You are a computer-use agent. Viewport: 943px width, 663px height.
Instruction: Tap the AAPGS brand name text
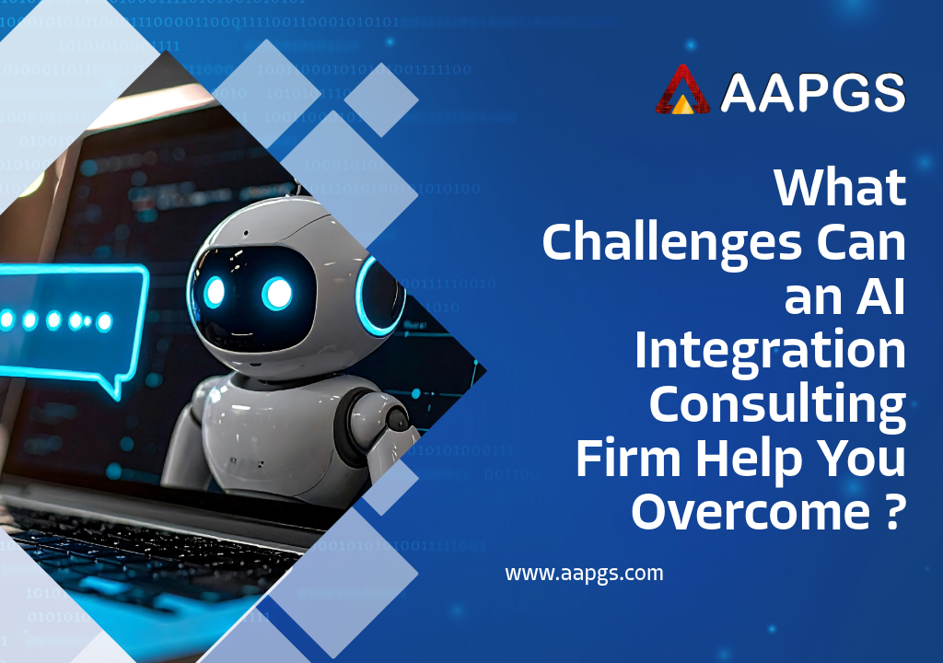click(812, 93)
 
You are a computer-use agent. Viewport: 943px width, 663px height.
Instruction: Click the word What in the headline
click(840, 188)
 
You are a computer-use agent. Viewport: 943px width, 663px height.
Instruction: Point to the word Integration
click(771, 352)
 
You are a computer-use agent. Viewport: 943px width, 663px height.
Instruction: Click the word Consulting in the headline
click(777, 406)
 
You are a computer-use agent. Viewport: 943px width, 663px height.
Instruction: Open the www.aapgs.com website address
click(584, 574)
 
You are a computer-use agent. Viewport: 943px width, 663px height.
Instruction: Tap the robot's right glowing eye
click(277, 294)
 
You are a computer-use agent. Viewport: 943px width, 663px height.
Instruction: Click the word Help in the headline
click(750, 460)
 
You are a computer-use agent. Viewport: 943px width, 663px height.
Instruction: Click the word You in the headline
click(860, 459)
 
